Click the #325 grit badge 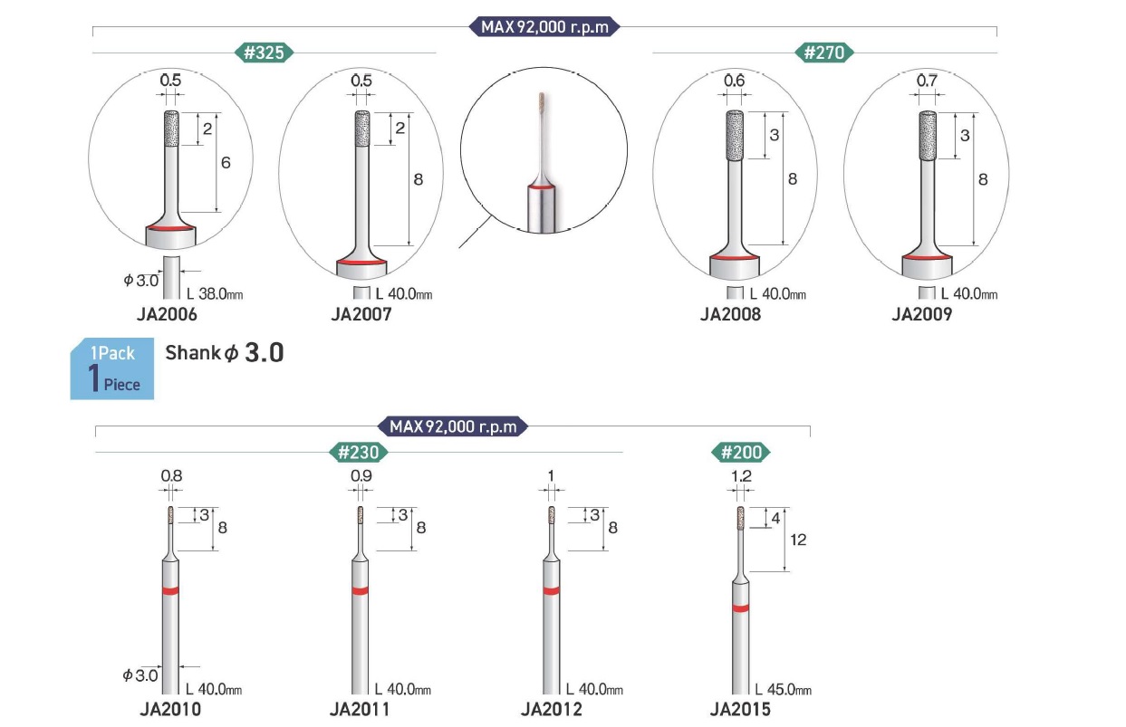coord(264,53)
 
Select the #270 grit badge coord(823,53)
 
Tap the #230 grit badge coord(358,452)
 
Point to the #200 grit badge coord(741,452)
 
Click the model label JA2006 coord(167,314)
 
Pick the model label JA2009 coord(922,314)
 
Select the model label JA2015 coord(740,710)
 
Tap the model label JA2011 coord(360,710)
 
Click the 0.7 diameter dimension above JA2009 coord(927,81)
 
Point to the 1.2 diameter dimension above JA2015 coord(741,476)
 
